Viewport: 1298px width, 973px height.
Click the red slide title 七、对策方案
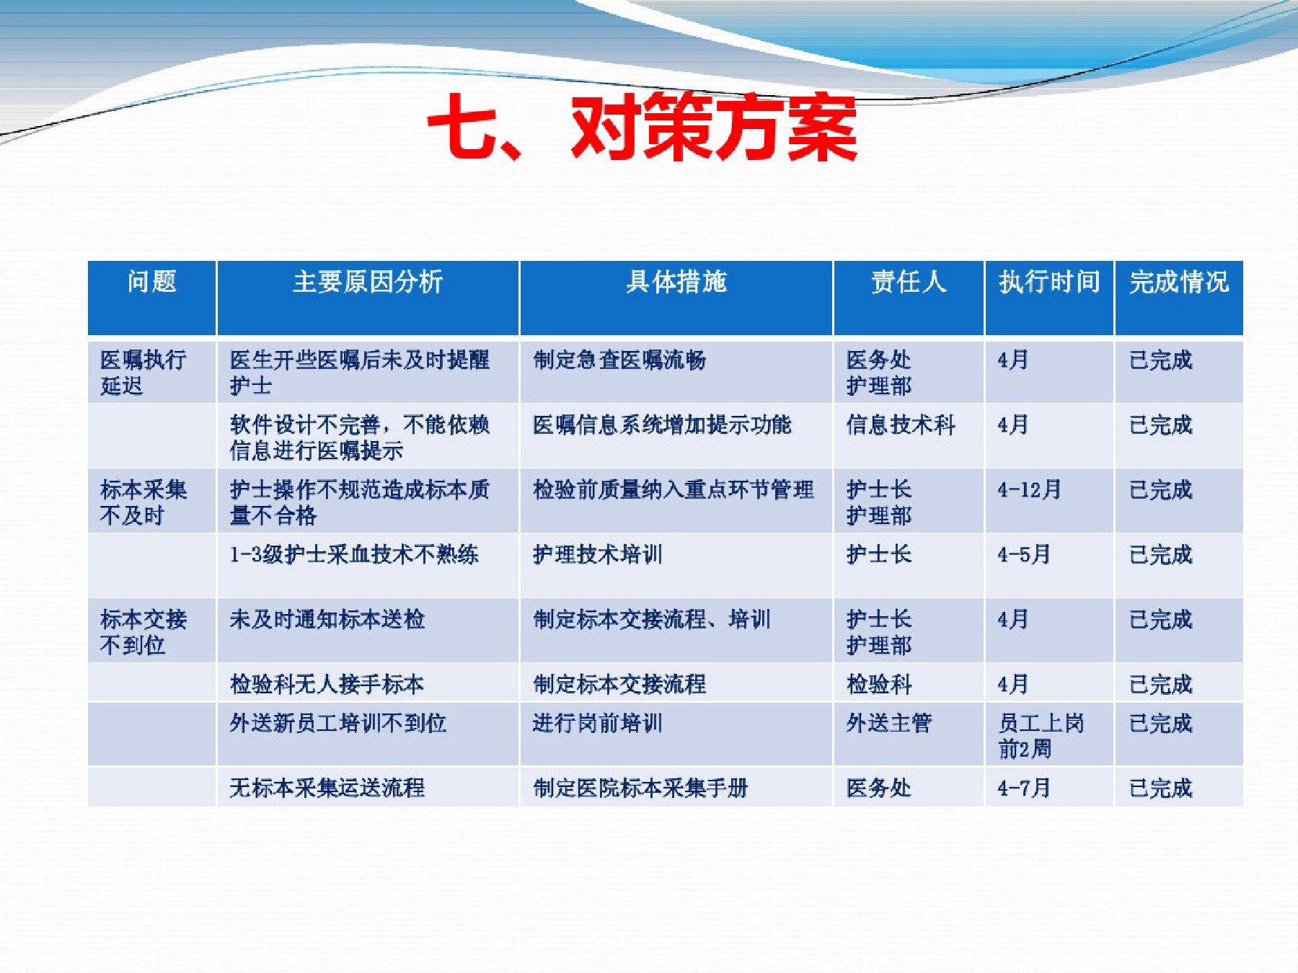coord(642,128)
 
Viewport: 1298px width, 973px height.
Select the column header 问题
coord(151,282)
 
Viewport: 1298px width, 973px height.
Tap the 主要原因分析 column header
coord(368,282)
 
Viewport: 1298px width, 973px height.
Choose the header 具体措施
coord(676,282)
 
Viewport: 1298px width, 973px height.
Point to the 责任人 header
coord(909,282)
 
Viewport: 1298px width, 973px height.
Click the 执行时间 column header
coord(1049,282)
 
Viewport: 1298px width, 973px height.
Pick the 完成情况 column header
coord(1179,282)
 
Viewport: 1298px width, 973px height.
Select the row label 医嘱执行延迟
coord(144,373)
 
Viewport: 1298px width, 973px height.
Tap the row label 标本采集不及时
coord(144,502)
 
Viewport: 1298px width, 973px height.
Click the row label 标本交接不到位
coord(144,632)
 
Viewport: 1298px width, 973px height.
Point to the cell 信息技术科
coord(901,425)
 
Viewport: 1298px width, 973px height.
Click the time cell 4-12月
coord(1029,489)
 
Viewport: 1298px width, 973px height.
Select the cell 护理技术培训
coord(597,554)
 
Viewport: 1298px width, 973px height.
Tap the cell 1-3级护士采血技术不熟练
coord(354,554)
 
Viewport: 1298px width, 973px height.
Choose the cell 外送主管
coord(889,723)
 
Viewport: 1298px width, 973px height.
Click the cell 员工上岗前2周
coord(1041,736)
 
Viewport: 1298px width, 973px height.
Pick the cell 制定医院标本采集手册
coord(640,788)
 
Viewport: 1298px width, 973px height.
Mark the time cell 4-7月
coord(1024,788)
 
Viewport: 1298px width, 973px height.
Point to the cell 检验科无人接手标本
coord(327,684)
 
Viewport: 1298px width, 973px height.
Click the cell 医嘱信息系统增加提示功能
coord(662,425)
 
